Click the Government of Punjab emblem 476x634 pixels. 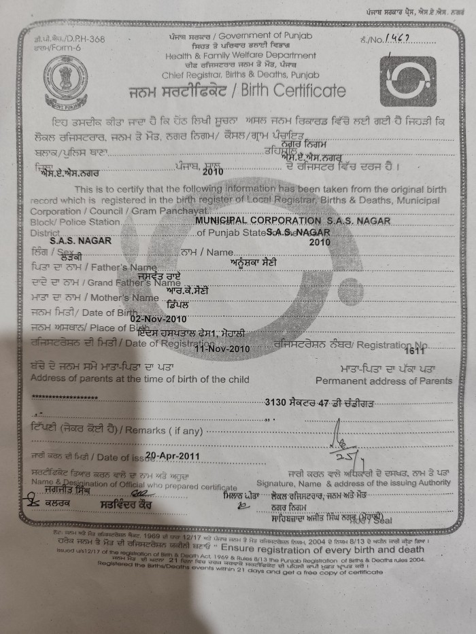pyautogui.click(x=65, y=82)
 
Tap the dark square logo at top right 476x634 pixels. pyautogui.click(x=407, y=81)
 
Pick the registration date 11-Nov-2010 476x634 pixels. pyautogui.click(x=222, y=348)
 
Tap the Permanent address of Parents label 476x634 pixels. pyautogui.click(x=383, y=381)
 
